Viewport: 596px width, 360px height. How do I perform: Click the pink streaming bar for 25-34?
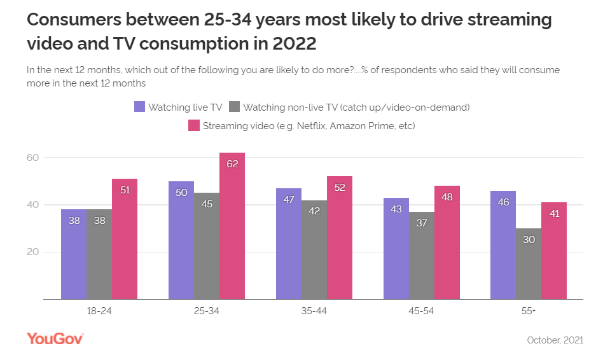[232, 226]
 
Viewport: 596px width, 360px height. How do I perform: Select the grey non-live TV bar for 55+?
[529, 263]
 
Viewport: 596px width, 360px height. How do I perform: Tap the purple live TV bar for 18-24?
[74, 254]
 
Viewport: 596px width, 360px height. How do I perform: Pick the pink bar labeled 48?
[447, 242]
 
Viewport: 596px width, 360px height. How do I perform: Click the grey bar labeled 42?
[314, 249]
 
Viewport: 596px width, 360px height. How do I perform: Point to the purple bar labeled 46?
[503, 244]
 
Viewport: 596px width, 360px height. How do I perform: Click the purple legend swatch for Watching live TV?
[140, 107]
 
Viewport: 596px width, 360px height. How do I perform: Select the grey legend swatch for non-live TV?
[235, 107]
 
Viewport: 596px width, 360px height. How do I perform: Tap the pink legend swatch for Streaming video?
[194, 125]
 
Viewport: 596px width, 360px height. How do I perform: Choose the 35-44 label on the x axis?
[314, 312]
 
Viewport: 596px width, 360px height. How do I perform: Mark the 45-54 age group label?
[422, 312]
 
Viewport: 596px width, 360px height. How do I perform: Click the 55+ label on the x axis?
[529, 312]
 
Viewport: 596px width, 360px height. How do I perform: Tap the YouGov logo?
[55, 339]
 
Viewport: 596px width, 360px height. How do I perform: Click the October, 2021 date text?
[555, 340]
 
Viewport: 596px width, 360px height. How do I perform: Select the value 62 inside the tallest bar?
[232, 163]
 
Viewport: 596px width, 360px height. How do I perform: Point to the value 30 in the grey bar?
[529, 239]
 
